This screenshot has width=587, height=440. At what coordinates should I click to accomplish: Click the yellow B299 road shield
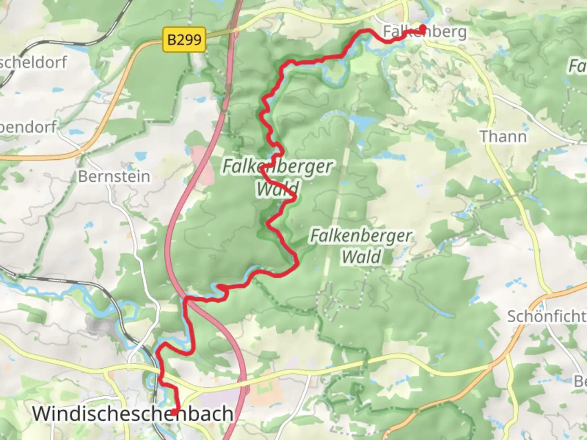(184, 40)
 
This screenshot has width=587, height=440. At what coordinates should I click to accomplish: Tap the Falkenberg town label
(425, 31)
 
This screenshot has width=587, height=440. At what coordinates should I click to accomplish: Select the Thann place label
(503, 136)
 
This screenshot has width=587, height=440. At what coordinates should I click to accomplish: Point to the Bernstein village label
(114, 176)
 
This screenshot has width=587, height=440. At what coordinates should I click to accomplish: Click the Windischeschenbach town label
(132, 414)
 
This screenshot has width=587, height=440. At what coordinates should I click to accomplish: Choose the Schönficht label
(546, 316)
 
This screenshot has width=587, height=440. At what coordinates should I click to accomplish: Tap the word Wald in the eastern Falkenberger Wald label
(361, 257)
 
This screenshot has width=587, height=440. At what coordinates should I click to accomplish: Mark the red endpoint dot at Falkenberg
(423, 29)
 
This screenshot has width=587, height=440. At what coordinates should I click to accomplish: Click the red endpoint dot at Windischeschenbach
(174, 412)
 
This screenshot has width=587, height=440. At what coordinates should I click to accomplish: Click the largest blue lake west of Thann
(364, 121)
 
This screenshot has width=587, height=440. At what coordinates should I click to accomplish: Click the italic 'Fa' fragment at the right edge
(577, 66)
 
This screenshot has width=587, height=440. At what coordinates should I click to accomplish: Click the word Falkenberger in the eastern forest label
(361, 236)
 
